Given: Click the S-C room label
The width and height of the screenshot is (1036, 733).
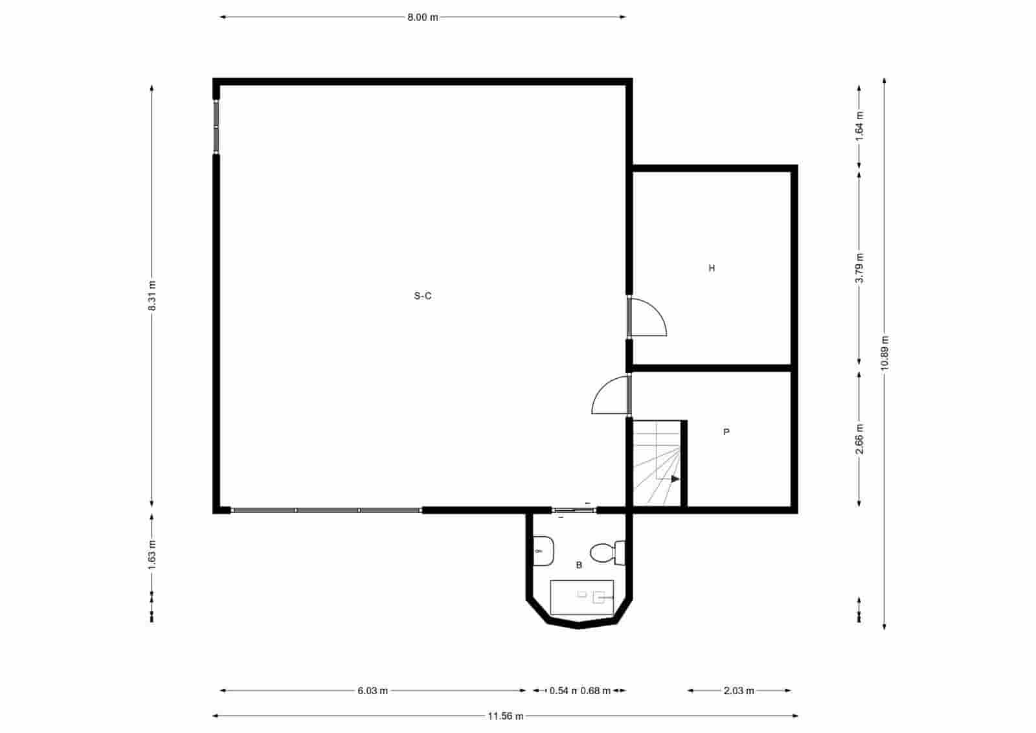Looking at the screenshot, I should tap(423, 296).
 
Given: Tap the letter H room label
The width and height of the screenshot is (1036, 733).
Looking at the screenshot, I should tap(712, 268).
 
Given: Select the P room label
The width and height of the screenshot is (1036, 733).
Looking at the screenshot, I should tap(726, 432).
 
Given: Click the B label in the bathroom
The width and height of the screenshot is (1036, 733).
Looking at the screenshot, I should tap(579, 565).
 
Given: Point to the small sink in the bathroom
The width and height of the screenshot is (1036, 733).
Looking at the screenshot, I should tap(543, 551).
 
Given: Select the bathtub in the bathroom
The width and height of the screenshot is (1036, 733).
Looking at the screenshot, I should tap(581, 597).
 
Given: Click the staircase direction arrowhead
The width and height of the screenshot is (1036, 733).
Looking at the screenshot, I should tap(675, 479).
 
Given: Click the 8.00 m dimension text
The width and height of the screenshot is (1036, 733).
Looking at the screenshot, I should tap(422, 17).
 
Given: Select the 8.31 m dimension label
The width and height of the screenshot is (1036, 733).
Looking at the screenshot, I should tap(152, 296).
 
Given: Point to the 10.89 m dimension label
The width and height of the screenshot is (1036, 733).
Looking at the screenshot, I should tap(884, 353).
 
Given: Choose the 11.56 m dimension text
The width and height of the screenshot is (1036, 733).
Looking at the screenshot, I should tap(506, 716).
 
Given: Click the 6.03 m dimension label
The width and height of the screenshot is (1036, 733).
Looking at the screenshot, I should tap(372, 691).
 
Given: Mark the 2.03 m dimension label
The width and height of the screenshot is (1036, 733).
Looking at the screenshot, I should tap(739, 691).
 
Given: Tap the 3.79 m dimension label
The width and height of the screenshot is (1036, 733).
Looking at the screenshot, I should tap(860, 267).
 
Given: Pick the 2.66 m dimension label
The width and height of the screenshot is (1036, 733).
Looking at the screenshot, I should tap(860, 438).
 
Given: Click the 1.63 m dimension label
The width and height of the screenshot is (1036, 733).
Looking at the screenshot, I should tap(152, 555).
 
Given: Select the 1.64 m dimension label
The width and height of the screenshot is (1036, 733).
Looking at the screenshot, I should tap(860, 126).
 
